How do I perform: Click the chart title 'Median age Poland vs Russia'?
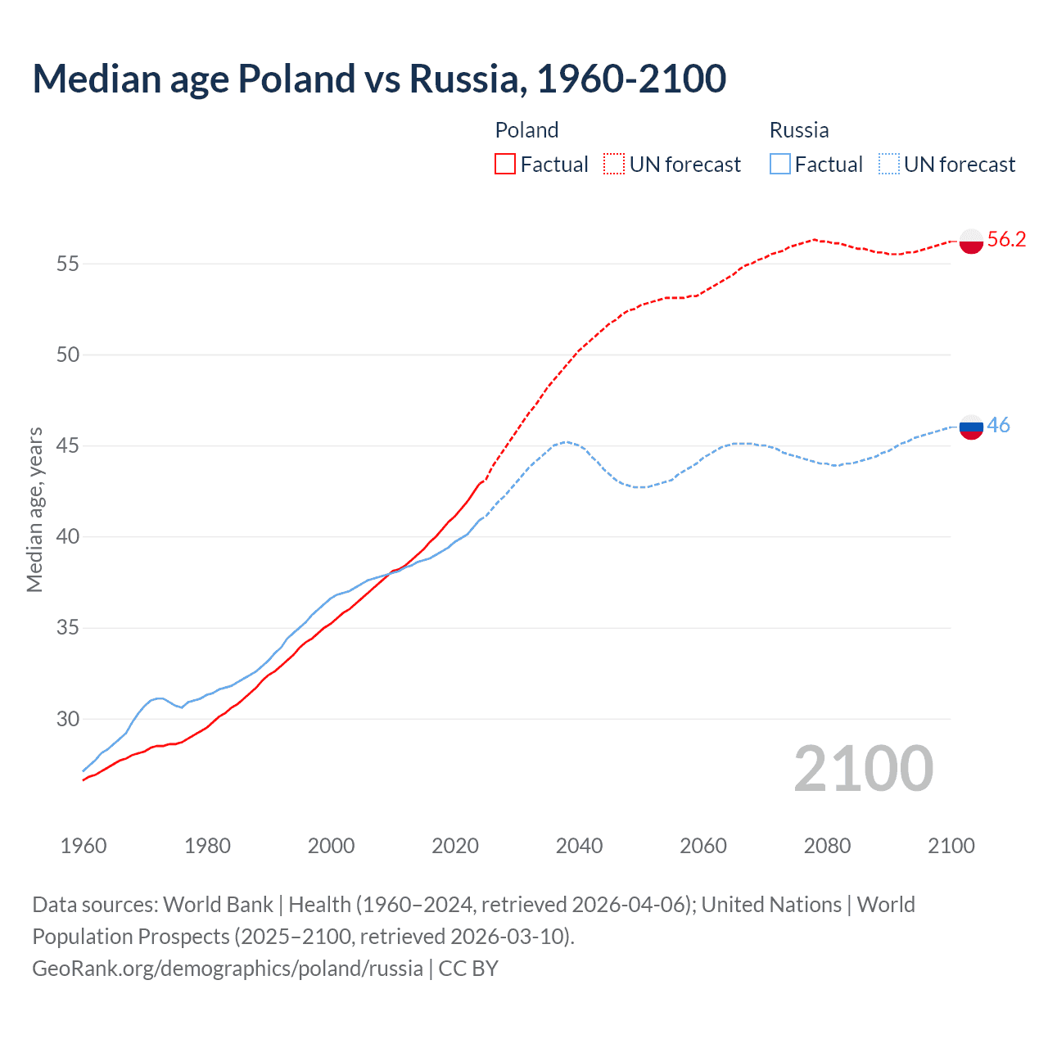pyautogui.click(x=379, y=79)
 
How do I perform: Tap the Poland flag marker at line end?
pyautogui.click(x=970, y=242)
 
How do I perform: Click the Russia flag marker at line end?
pyautogui.click(x=970, y=427)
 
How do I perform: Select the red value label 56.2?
pyautogui.click(x=1006, y=239)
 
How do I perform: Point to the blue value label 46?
pyautogui.click(x=998, y=425)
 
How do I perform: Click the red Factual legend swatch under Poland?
pyautogui.click(x=505, y=165)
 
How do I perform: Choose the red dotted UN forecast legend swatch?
pyautogui.click(x=614, y=165)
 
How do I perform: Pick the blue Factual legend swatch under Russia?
pyautogui.click(x=780, y=165)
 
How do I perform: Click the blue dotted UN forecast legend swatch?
pyautogui.click(x=888, y=165)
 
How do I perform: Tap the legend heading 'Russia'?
pyautogui.click(x=799, y=130)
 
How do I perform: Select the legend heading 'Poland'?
pyautogui.click(x=526, y=130)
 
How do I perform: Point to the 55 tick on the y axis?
pyautogui.click(x=68, y=264)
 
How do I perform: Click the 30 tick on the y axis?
pyautogui.click(x=68, y=719)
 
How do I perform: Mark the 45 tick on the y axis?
pyautogui.click(x=68, y=446)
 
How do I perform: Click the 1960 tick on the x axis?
pyautogui.click(x=84, y=846)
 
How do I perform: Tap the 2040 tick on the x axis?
pyautogui.click(x=579, y=846)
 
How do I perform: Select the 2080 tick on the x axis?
pyautogui.click(x=827, y=846)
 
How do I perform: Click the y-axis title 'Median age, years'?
pyautogui.click(x=34, y=509)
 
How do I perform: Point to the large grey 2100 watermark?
pyautogui.click(x=863, y=768)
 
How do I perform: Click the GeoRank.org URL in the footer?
pyautogui.click(x=228, y=969)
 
